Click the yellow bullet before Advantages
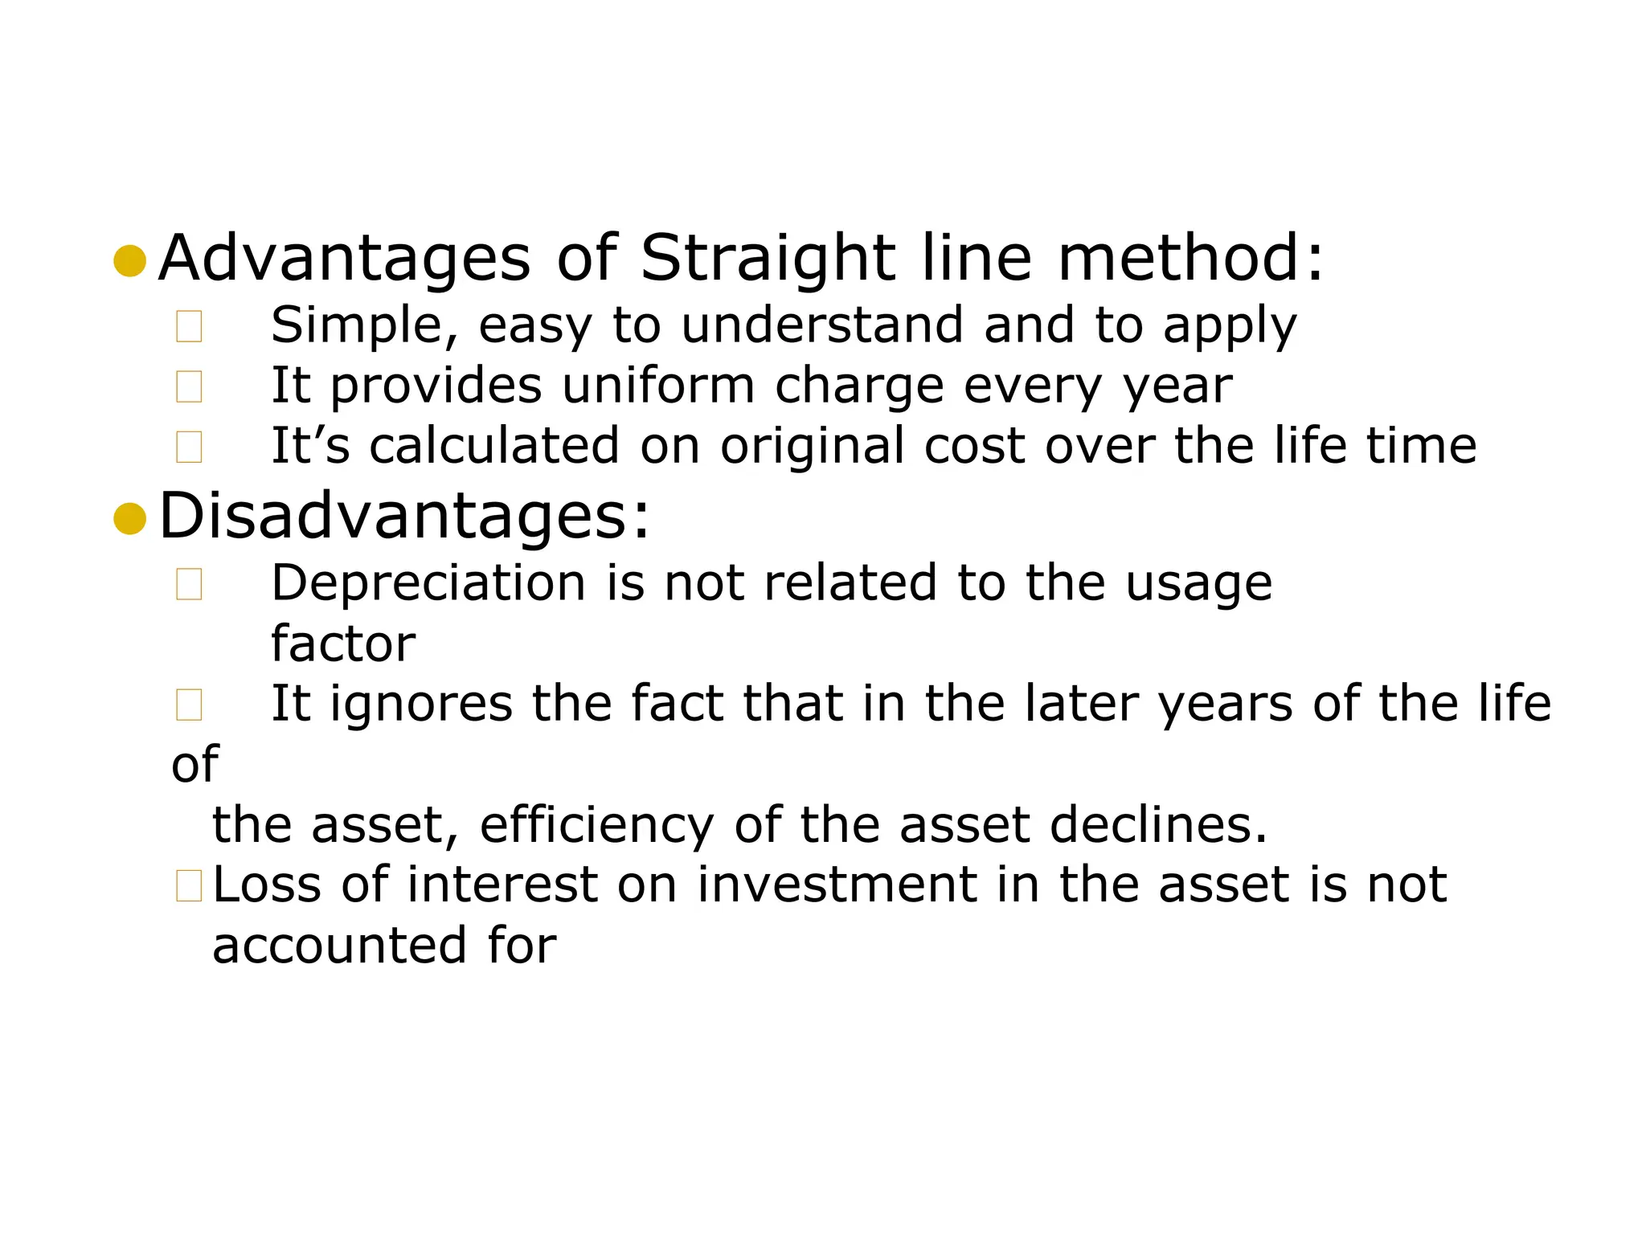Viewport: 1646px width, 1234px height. click(x=130, y=261)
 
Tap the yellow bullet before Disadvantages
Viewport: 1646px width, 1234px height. click(x=130, y=518)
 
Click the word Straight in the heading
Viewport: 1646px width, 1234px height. click(x=768, y=259)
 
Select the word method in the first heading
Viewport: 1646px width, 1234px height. click(x=1181, y=259)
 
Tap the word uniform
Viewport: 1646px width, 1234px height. click(x=658, y=386)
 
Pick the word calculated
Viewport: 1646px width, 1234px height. click(x=493, y=446)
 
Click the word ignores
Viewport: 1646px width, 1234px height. click(x=421, y=704)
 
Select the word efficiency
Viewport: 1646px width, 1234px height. click(x=596, y=826)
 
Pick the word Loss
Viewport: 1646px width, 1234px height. click(x=266, y=885)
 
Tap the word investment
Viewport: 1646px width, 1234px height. click(x=837, y=885)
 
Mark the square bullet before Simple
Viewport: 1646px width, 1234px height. click(x=189, y=327)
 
